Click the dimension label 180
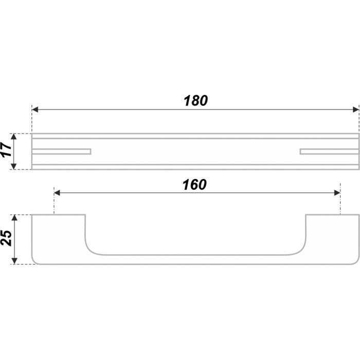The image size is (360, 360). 195,101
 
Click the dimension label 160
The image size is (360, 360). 194,184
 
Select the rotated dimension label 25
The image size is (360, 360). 6,238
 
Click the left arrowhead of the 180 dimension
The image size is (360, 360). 35,110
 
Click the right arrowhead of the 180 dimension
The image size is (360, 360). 356,110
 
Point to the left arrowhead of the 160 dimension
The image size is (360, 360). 57,193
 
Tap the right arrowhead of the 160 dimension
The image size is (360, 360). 337,193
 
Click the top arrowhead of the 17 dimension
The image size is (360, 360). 14,137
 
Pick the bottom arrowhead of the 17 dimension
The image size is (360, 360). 14,166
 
